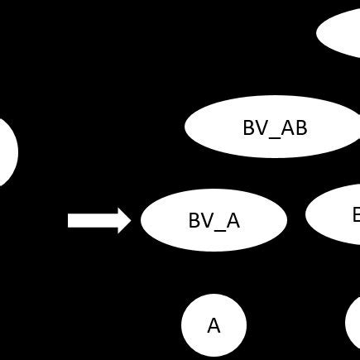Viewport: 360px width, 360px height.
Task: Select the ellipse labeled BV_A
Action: point(214,220)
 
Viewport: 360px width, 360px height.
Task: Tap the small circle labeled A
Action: point(214,324)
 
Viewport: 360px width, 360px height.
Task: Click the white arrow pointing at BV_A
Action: point(99,220)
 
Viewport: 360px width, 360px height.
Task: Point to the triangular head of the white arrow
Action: point(124,220)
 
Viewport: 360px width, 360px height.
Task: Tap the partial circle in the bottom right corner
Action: point(353,324)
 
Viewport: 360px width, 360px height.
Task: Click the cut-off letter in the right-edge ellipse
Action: point(356,215)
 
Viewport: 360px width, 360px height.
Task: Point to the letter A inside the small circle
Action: point(214,325)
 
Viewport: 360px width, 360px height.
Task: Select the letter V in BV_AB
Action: point(262,128)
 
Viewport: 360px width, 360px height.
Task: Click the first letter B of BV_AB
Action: point(249,128)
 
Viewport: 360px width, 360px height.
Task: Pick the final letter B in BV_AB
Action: point(300,128)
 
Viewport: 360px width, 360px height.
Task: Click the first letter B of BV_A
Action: point(194,221)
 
